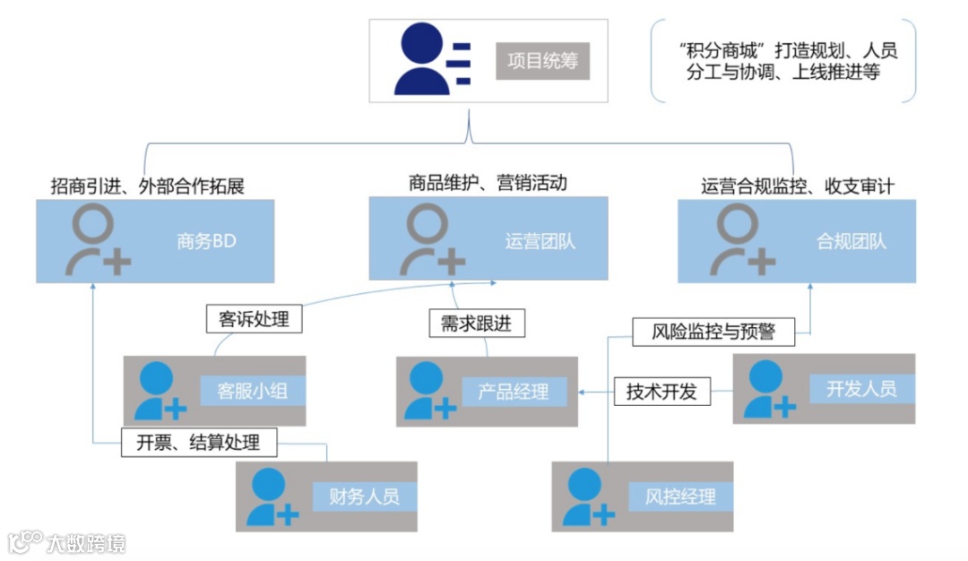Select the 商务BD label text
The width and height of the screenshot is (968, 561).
(206, 242)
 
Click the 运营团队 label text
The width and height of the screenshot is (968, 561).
(540, 241)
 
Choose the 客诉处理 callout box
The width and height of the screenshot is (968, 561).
(254, 318)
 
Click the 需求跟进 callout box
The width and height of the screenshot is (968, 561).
(476, 323)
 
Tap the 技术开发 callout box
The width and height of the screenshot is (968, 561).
(661, 392)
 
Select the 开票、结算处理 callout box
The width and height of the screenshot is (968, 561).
(198, 442)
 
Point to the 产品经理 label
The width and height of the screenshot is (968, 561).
(514, 392)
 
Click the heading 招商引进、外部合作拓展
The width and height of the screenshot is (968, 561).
(148, 186)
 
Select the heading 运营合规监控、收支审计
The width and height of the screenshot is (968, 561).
(798, 186)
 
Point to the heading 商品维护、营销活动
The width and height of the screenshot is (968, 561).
(488, 183)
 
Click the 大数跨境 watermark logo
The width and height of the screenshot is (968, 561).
(67, 542)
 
